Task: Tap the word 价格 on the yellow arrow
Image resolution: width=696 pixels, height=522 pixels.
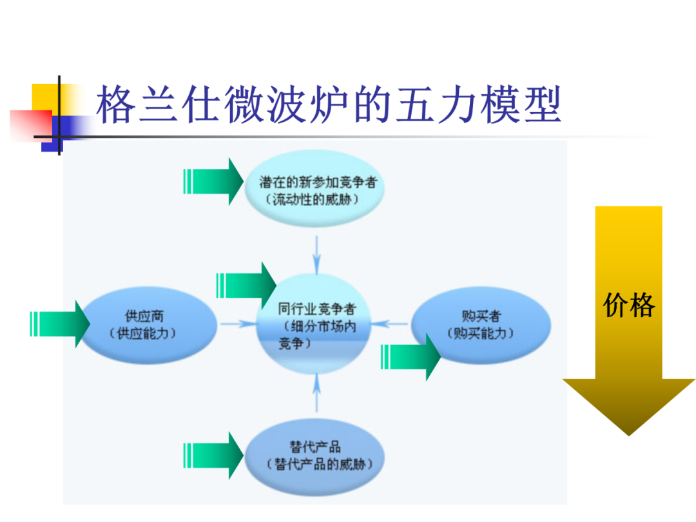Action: coord(629,305)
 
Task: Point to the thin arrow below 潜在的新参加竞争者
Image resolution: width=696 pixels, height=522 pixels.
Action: coord(316,254)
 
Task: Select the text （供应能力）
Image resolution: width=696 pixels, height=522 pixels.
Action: coord(143,333)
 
